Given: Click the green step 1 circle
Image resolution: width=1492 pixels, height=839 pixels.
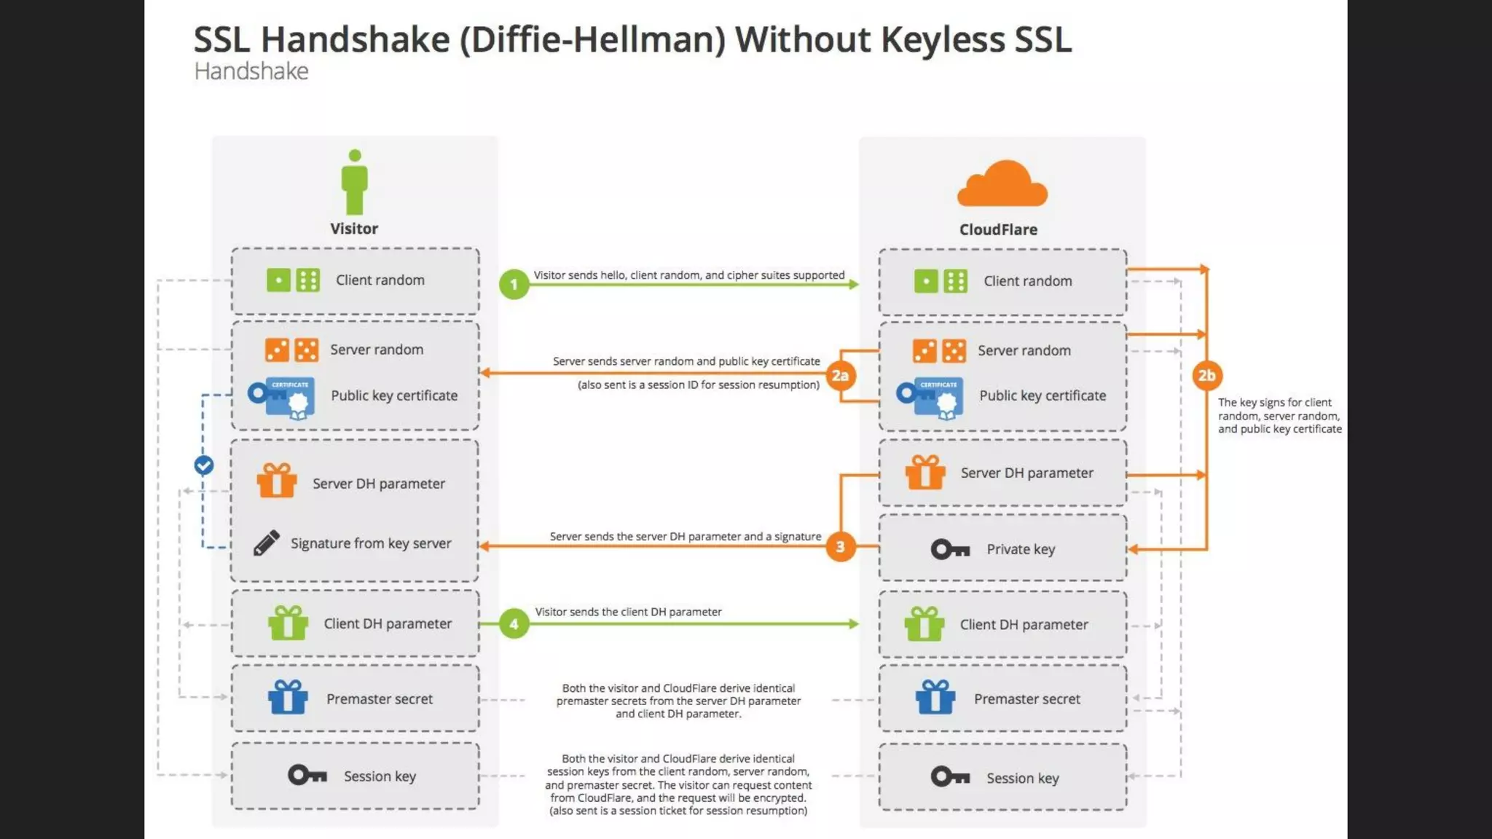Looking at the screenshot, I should click(514, 284).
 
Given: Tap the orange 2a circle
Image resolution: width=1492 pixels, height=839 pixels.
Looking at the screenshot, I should click(840, 375).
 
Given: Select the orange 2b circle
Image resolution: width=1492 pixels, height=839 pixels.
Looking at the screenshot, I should click(1206, 375).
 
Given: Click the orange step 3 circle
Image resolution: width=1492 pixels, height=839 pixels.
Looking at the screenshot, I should click(840, 546).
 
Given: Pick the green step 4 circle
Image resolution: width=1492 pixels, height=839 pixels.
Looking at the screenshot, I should click(514, 624).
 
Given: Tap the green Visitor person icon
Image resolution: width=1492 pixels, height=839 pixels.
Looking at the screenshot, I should click(355, 182).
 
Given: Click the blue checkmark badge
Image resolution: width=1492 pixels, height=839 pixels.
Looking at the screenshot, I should click(204, 465).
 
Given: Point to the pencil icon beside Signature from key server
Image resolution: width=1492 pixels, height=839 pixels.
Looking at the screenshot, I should click(266, 543).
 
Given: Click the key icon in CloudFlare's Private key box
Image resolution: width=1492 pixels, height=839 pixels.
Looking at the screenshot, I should click(950, 549).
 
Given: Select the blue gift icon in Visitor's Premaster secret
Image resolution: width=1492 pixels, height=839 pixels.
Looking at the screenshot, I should click(288, 697).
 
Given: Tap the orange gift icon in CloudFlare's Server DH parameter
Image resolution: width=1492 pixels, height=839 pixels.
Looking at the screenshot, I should click(925, 472).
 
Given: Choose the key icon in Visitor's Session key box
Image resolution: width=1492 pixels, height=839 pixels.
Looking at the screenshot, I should click(307, 775).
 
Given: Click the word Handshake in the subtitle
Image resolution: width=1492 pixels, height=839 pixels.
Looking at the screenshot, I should click(251, 71).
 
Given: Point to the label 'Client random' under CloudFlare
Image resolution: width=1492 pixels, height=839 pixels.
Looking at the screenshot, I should click(1027, 281).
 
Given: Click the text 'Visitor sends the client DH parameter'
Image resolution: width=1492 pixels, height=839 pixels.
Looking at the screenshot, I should click(628, 612).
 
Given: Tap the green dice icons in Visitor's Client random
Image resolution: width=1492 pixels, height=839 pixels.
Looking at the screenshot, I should click(293, 280).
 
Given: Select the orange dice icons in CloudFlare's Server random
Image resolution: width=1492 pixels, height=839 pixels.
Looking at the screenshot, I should click(939, 350).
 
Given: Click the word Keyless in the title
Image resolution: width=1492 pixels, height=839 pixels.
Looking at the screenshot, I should click(943, 39).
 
